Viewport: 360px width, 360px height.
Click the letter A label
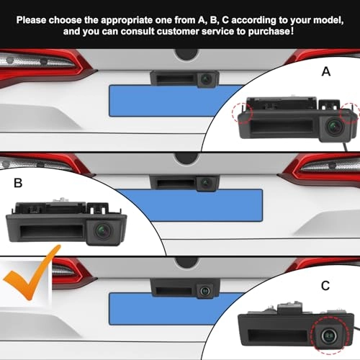tap(326, 71)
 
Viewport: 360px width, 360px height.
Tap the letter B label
tap(18, 183)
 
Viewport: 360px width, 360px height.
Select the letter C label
tap(325, 286)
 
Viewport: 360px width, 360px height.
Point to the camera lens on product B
tap(103, 231)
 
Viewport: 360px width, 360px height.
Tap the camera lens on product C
tap(328, 336)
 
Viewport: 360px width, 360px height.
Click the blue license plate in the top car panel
tap(175, 101)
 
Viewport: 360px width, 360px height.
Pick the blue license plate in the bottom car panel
tap(175, 309)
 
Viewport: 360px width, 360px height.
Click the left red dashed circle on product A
tap(243, 113)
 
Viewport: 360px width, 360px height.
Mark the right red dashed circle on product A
tap(349, 113)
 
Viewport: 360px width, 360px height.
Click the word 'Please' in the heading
tap(31, 20)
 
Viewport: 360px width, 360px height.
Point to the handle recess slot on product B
tap(51, 231)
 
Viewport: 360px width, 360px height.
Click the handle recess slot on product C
tap(277, 336)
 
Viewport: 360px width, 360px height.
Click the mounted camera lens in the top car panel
tap(206, 79)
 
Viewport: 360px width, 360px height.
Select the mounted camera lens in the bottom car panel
tap(204, 291)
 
